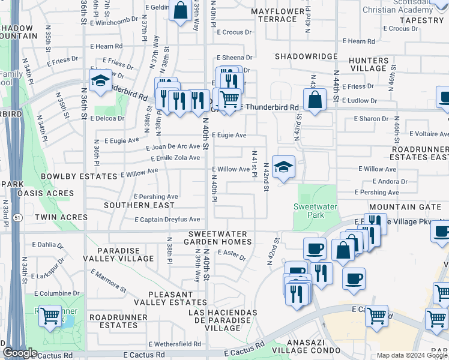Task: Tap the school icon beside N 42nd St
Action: (x=283, y=166)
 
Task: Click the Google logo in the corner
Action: (x=20, y=353)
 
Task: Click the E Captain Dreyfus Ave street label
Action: (x=167, y=220)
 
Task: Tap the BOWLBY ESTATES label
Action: (x=79, y=176)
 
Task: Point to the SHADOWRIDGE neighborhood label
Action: (x=306, y=56)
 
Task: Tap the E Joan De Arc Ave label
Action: (x=173, y=146)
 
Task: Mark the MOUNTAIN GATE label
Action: (x=409, y=206)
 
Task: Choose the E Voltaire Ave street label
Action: (x=427, y=134)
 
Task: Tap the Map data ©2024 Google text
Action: (x=412, y=355)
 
